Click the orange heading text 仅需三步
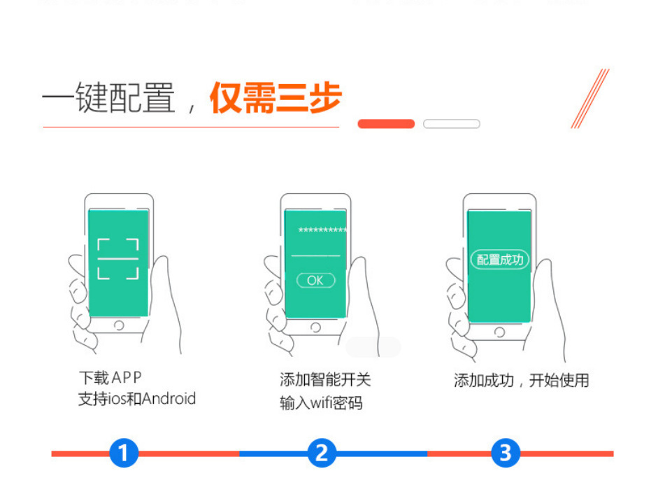tap(276, 99)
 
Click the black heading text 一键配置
tap(108, 99)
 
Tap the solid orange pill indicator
tap(386, 124)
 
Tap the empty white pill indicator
tap(452, 124)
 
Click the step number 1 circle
tap(124, 454)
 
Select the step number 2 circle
tap(321, 454)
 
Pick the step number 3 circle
tap(506, 454)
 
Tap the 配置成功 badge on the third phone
tap(500, 260)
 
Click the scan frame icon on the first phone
tap(117, 259)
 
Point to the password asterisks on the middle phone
tap(322, 231)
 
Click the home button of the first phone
tap(119, 325)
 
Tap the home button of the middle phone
tap(315, 327)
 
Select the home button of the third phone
tap(499, 332)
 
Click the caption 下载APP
tap(110, 379)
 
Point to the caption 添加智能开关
tap(325, 380)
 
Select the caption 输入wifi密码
tap(321, 403)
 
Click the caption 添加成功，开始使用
tap(521, 381)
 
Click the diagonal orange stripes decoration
tap(589, 99)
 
